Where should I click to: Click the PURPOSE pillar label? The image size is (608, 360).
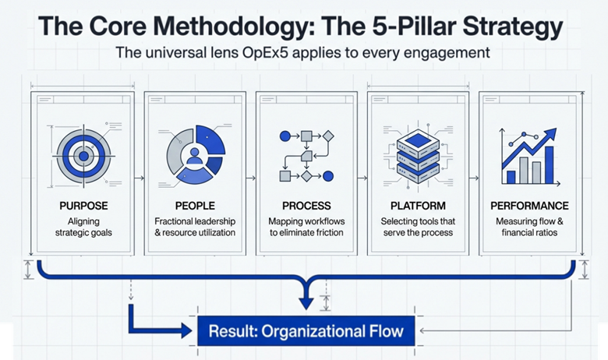click(x=83, y=206)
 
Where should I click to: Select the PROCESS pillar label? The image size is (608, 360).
click(x=306, y=206)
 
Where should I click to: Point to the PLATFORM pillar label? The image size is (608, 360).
click(x=418, y=206)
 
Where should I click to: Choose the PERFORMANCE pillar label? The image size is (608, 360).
click(x=529, y=206)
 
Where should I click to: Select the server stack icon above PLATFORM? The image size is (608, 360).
click(x=418, y=156)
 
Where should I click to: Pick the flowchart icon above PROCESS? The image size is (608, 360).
click(x=306, y=156)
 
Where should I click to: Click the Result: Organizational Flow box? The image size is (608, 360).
click(x=306, y=331)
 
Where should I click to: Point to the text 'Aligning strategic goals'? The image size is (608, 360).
click(x=83, y=227)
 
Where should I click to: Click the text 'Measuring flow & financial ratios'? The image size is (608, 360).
click(x=529, y=227)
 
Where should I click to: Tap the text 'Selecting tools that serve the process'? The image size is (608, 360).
click(x=418, y=227)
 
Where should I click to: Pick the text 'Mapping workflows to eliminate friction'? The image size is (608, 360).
click(x=306, y=227)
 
